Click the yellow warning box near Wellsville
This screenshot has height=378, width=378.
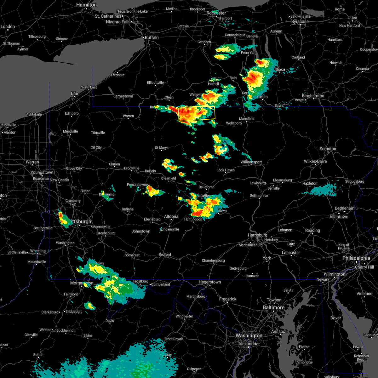(x=197, y=114)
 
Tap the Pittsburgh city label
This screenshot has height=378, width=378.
(x=81, y=221)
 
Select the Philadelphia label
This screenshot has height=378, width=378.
(x=356, y=258)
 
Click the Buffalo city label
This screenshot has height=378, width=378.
(x=152, y=37)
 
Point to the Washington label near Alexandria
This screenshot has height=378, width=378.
(x=249, y=336)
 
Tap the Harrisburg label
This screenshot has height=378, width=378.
(x=257, y=235)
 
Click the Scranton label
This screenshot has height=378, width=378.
(x=328, y=149)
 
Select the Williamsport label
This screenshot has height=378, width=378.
(x=251, y=162)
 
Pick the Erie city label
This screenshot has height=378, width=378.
(x=74, y=93)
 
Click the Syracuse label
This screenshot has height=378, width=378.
(x=300, y=22)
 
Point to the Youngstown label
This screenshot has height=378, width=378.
(x=42, y=173)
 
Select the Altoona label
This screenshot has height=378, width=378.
(x=171, y=216)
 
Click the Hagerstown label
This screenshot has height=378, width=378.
(x=209, y=282)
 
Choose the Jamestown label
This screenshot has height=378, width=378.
(x=123, y=96)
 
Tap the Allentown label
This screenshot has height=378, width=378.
(x=339, y=217)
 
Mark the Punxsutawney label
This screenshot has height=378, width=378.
(x=138, y=185)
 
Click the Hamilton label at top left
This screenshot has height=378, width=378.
(x=87, y=5)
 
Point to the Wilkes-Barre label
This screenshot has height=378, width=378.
(x=315, y=161)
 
